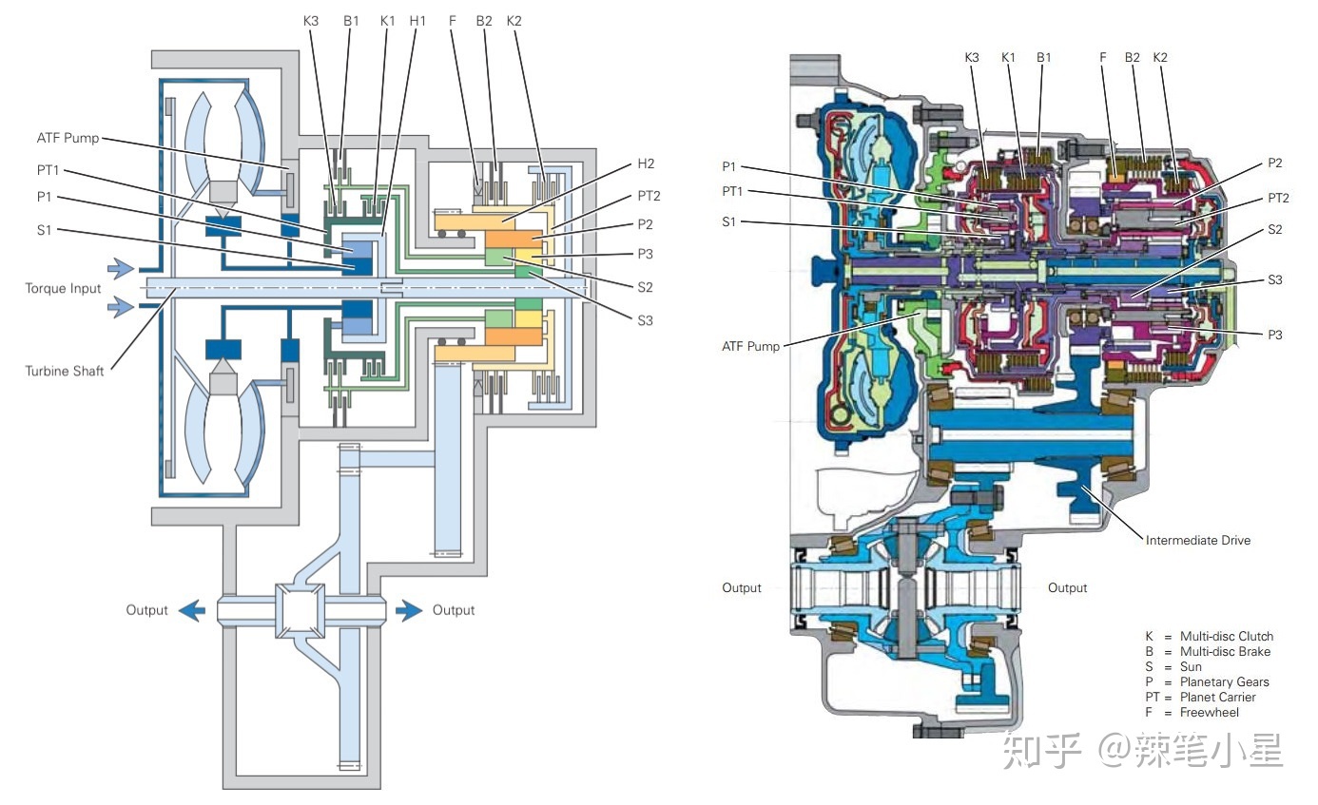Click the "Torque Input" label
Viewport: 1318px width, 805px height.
coord(63,288)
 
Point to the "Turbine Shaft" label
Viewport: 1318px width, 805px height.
coord(65,371)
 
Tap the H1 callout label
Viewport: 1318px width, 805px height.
coord(417,20)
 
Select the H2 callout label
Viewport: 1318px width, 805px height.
coord(645,163)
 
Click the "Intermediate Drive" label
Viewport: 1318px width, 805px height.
coord(1197,540)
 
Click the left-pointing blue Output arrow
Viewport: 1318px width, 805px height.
coord(191,610)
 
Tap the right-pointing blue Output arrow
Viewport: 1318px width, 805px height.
coord(410,610)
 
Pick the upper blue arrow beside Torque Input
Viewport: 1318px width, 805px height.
coord(121,270)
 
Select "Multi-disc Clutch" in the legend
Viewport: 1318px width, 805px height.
coord(1226,637)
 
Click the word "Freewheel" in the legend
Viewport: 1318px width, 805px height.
coord(1209,713)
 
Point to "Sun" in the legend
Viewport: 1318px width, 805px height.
coord(1191,667)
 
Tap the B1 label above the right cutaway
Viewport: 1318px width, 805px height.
coord(1044,58)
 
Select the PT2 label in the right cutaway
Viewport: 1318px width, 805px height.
coord(1277,197)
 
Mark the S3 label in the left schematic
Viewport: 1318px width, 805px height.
coord(645,320)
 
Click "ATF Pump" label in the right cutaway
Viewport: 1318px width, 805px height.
coord(750,346)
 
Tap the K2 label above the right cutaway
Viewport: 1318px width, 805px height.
coord(1160,58)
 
